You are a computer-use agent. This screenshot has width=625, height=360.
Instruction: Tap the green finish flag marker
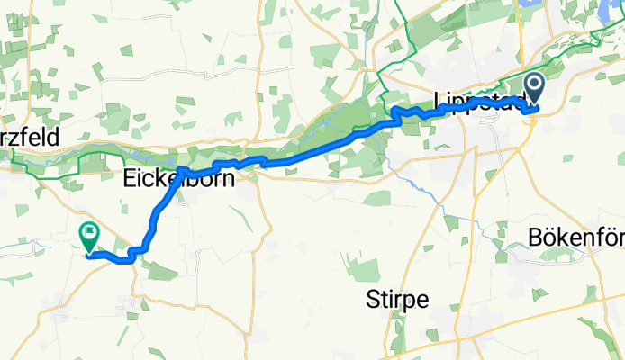pos(89,238)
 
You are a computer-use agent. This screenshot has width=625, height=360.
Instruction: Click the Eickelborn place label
pos(178,180)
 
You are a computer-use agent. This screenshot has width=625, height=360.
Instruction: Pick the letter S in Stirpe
pos(374,297)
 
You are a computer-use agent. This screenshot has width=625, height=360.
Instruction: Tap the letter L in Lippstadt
pos(438,99)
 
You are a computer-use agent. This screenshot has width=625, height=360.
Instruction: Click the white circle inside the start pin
pos(533,86)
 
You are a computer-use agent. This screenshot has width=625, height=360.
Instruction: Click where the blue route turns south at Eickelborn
pos(181,171)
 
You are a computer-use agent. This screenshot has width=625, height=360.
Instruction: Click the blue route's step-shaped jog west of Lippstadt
pos(395,113)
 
